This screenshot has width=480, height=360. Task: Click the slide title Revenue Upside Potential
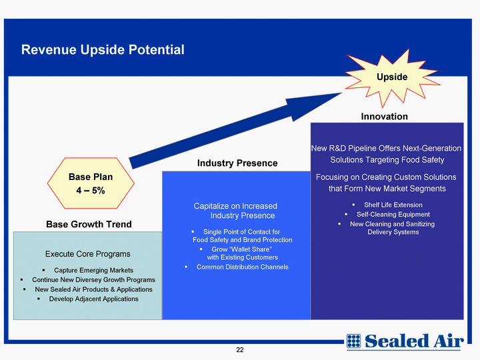click(x=103, y=49)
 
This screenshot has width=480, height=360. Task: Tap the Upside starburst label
click(x=392, y=77)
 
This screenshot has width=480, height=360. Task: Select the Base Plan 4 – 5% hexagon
click(x=91, y=183)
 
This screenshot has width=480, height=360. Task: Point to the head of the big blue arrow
click(x=342, y=93)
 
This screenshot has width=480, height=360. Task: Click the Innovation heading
click(x=384, y=116)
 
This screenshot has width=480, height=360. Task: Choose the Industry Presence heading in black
click(x=237, y=163)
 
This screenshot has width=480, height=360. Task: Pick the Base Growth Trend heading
click(x=89, y=224)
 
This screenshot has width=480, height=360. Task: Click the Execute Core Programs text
click(x=87, y=254)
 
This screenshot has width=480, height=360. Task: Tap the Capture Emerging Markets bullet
click(x=94, y=270)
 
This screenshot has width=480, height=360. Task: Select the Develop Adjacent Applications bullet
click(x=94, y=299)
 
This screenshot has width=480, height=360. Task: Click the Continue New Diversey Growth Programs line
click(x=94, y=280)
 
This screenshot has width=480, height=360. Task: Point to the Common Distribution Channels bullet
click(x=243, y=267)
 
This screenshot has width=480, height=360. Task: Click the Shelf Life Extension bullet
click(x=393, y=205)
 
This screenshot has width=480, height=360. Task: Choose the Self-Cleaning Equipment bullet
click(x=393, y=214)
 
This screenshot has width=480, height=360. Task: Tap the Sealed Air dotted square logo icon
click(x=353, y=341)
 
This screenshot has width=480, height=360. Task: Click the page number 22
click(x=240, y=350)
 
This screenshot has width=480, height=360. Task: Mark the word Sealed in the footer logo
click(x=397, y=341)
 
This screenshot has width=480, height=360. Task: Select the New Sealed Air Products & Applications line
click(x=94, y=289)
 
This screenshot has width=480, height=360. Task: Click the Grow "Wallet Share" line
click(x=242, y=249)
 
